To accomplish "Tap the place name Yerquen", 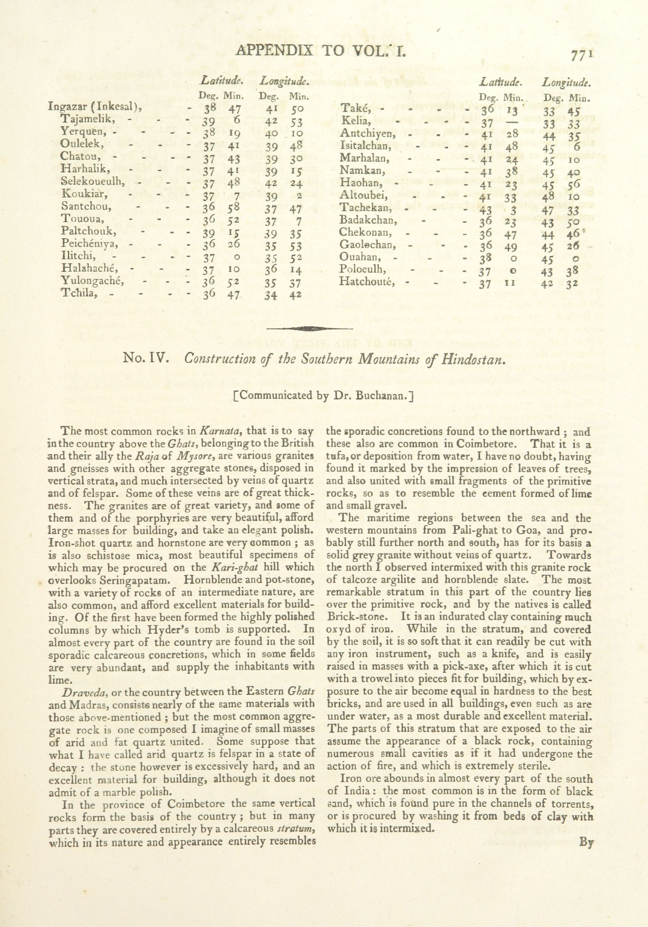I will point(83,132).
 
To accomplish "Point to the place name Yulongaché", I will point(93,281).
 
